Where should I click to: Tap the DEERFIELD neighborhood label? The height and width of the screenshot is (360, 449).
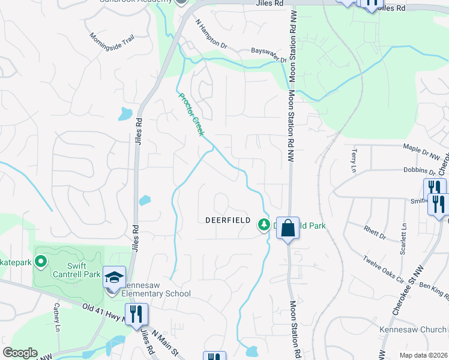[x=228, y=220]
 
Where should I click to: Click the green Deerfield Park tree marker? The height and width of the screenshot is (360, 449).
[x=263, y=224]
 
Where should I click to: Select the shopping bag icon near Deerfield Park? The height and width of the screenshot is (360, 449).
[x=288, y=228]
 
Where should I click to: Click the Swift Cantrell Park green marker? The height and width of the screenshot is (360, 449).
[x=41, y=262]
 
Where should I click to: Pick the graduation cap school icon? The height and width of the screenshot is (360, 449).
[x=114, y=277]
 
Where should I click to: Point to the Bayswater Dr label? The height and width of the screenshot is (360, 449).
[x=269, y=56]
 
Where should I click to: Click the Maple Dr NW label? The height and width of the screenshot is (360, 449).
[x=422, y=150]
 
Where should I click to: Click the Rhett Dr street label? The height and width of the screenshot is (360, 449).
[x=375, y=232]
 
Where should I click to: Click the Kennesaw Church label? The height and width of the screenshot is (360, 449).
[x=413, y=329]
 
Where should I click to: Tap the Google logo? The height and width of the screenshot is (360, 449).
[x=20, y=352]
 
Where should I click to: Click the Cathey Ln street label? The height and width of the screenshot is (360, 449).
[x=57, y=317]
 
